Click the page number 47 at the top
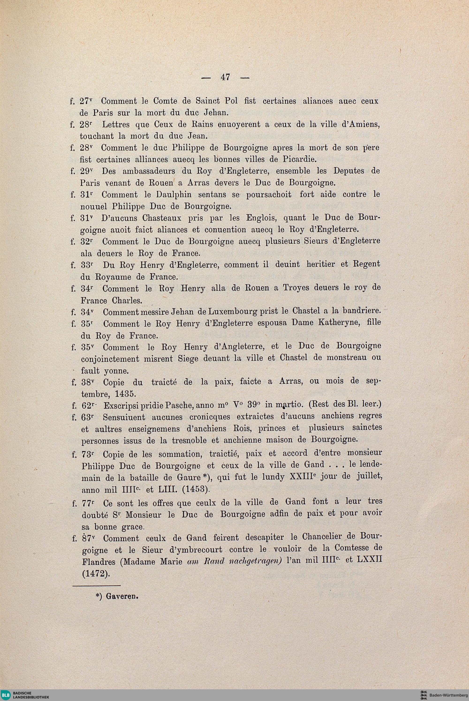[x=225, y=77]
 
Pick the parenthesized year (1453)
[x=196, y=490]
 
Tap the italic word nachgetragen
[x=255, y=561]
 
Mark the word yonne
[x=116, y=371]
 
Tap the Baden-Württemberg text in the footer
[x=447, y=694]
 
